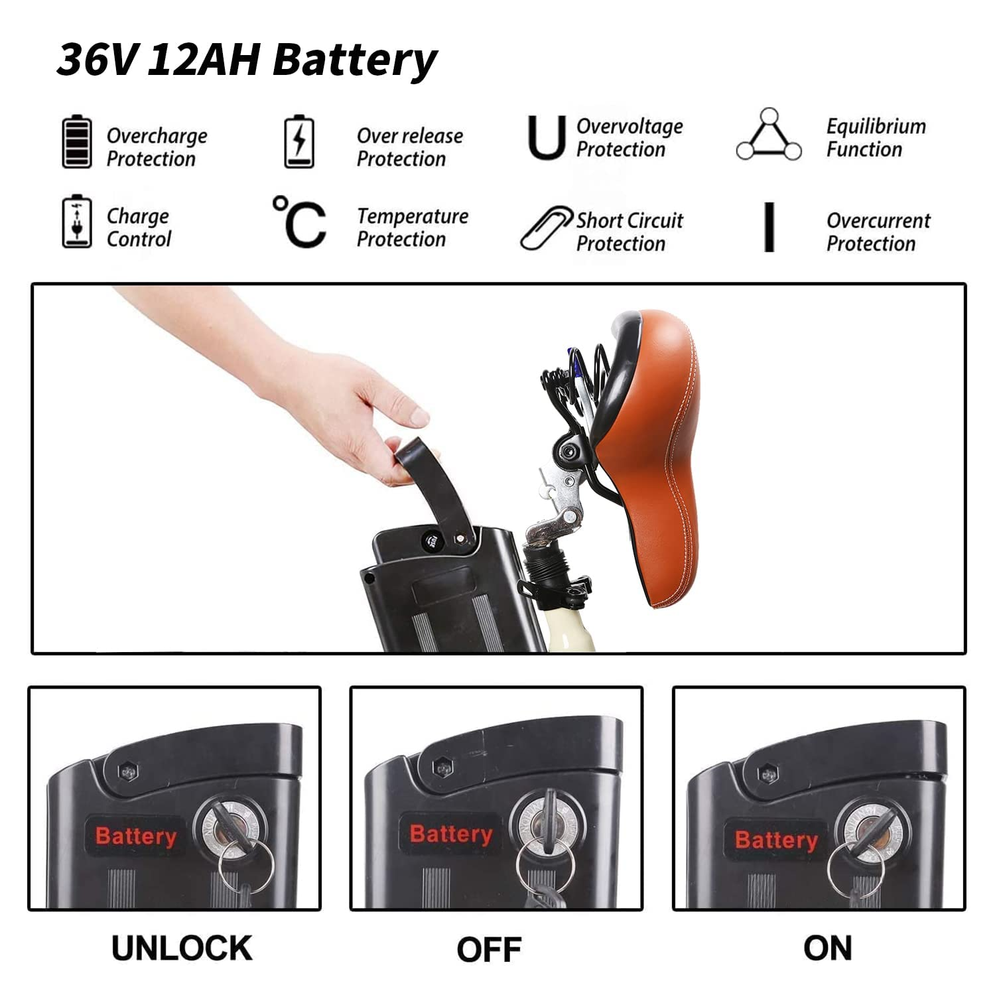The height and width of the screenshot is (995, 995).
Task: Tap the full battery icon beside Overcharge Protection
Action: (x=76, y=141)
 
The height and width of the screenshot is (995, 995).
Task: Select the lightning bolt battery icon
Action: (x=299, y=141)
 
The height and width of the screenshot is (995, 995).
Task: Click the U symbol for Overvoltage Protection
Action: (x=547, y=137)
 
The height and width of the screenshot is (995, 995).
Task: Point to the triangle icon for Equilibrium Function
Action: (x=769, y=135)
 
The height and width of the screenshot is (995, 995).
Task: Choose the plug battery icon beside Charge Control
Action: (x=76, y=222)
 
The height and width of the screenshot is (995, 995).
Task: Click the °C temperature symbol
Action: (x=300, y=222)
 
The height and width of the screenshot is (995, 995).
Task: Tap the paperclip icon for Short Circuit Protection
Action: (x=545, y=228)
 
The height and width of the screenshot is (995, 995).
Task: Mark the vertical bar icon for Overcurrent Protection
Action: (x=769, y=228)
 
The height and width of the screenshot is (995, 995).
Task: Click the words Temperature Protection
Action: (x=412, y=228)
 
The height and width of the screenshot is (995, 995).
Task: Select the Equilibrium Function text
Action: (x=876, y=138)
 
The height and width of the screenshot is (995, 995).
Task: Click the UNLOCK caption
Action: (x=182, y=948)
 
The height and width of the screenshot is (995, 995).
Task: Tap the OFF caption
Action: (x=489, y=949)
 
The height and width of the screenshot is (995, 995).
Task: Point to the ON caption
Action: (x=827, y=948)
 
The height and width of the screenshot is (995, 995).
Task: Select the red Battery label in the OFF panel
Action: (x=451, y=834)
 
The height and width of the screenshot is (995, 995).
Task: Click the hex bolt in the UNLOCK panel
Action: (x=127, y=771)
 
